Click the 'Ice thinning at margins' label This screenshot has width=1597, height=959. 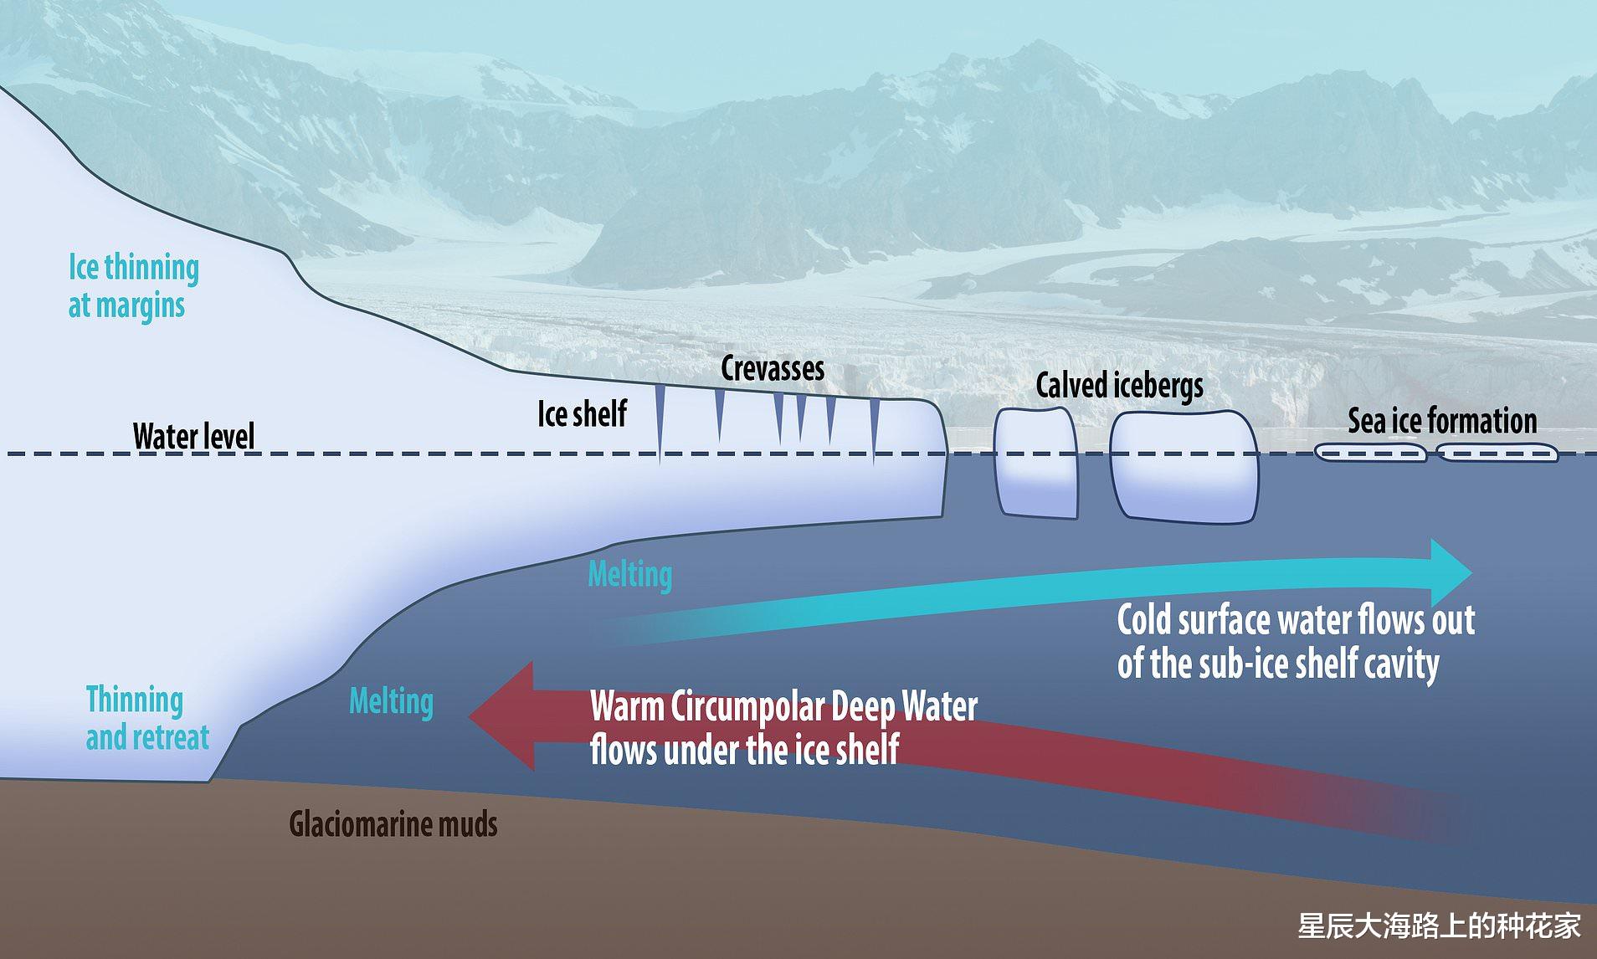coord(132,286)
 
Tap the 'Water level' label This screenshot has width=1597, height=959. coord(193,437)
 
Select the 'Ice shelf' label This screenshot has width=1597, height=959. coord(582,414)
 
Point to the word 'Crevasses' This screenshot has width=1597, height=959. coord(773,368)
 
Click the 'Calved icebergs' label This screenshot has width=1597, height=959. coord(1119,386)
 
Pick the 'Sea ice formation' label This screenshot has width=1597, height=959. coord(1442,421)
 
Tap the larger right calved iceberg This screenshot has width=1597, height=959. coord(1184,467)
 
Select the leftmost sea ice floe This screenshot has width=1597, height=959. coord(1370,453)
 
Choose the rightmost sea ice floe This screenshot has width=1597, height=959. coord(1497,453)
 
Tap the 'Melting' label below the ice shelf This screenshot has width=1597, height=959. coord(629,575)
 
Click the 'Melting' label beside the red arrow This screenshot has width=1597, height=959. coord(391,701)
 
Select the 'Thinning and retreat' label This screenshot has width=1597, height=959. coord(146,719)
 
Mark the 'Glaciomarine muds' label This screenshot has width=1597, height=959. coord(393,824)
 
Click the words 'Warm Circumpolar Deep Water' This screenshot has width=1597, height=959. coord(783,707)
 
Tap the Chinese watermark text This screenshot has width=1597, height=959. coord(1439,926)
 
